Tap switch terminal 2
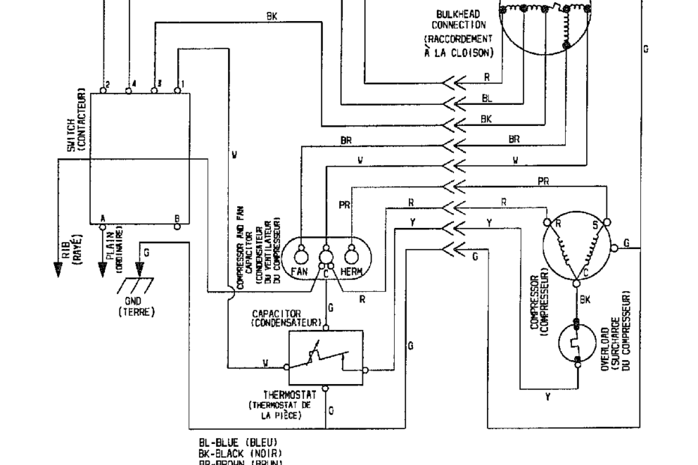tap(104, 91)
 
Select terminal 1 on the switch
tap(178, 91)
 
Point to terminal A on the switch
tap(103, 226)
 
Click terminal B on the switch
tap(177, 226)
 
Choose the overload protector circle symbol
tap(578, 343)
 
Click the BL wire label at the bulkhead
tap(486, 98)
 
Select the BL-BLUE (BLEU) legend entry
tap(238, 443)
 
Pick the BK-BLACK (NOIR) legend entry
tap(239, 453)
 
